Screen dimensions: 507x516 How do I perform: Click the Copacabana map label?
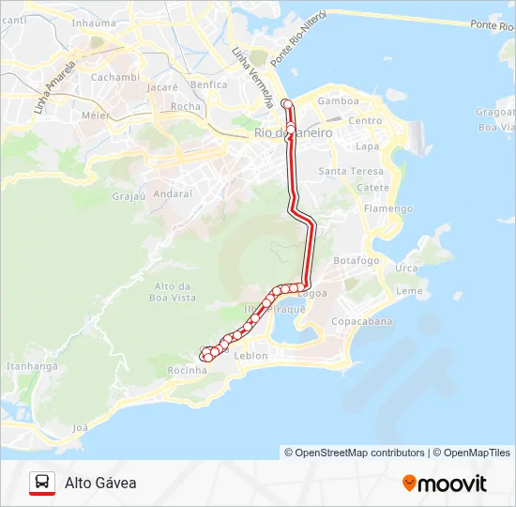[x=361, y=321]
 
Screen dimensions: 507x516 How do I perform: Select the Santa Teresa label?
[x=351, y=171]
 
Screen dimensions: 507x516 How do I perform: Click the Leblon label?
[x=251, y=356]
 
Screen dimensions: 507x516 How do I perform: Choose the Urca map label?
[x=406, y=269]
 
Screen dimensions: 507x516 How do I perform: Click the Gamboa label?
[x=339, y=101]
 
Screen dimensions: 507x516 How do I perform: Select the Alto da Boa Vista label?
[x=174, y=291]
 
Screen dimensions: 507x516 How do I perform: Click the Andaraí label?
[x=173, y=193]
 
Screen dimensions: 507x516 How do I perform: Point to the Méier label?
[x=96, y=115]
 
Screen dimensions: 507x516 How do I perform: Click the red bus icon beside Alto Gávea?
[x=41, y=483]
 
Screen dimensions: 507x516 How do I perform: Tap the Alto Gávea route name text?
[x=100, y=483]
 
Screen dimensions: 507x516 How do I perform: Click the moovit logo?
[x=445, y=484]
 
